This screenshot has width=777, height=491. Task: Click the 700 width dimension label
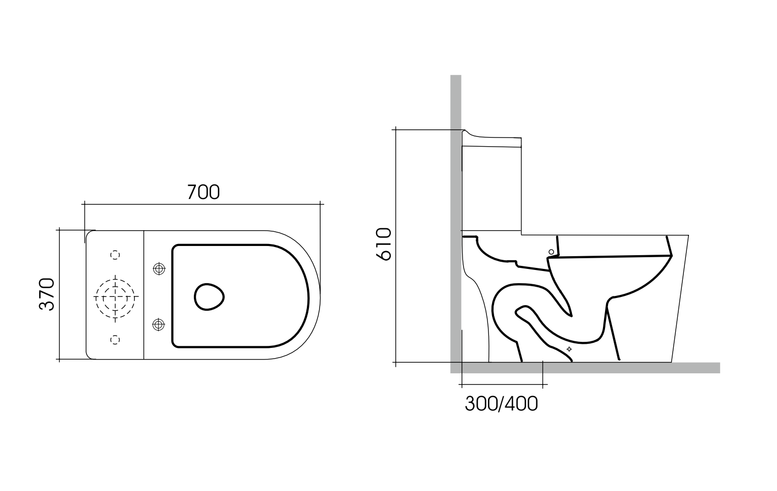coord(203,192)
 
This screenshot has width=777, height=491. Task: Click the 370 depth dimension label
coord(47,294)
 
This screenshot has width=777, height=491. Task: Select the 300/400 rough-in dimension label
coord(501,403)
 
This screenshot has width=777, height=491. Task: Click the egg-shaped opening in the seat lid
coord(209,296)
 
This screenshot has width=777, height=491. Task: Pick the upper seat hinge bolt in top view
coord(159,268)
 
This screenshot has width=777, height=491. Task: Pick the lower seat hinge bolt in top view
coord(159,324)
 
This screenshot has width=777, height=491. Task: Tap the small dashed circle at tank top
coord(116,254)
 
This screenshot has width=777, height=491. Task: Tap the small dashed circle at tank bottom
coord(116,339)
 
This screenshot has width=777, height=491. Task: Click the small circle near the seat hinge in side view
coord(551,252)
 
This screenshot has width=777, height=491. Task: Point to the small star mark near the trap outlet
coord(569,349)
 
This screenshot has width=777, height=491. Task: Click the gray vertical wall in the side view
coord(455,204)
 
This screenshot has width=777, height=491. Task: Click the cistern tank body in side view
coord(492,188)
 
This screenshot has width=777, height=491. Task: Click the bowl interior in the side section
coord(611,275)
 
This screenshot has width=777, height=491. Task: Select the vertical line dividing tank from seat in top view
coord(145,295)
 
